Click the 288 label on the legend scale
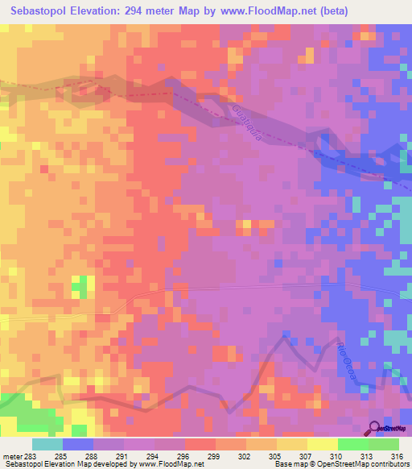93,455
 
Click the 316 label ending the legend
396,455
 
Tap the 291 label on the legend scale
124,455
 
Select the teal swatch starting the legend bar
47,444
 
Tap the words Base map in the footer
290,464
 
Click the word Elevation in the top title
96,10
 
